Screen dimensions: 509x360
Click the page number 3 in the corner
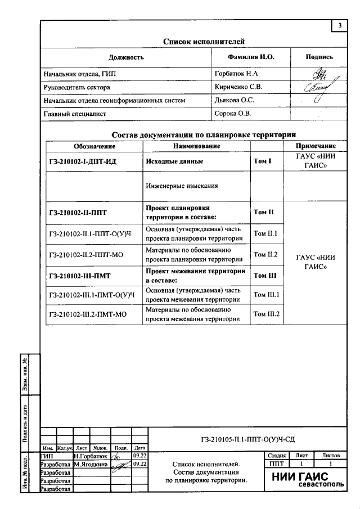(340, 26)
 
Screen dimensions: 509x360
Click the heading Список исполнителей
(204, 42)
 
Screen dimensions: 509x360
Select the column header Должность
(126, 57)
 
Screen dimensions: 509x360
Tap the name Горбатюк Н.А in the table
(237, 74)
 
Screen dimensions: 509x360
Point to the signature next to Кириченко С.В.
(318, 88)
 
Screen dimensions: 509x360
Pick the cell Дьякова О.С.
(235, 101)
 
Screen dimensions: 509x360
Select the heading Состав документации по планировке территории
(204, 135)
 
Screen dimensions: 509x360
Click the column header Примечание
(319, 146)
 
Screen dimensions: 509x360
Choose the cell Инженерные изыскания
(181, 185)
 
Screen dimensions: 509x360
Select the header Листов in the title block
(331, 456)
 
